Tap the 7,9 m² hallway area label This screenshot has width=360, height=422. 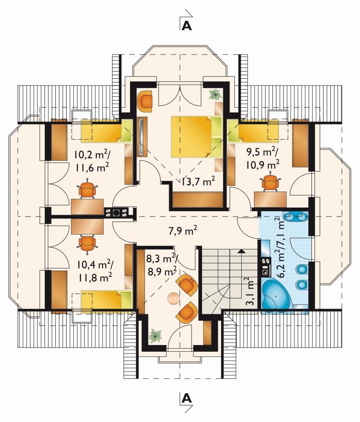coord(183,231)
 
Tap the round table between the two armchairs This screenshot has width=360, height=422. coord(173,298)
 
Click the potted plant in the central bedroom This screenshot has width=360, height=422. coord(216,95)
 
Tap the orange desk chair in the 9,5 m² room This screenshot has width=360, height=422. coord(270,183)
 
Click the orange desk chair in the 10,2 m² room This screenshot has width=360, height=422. coord(87,189)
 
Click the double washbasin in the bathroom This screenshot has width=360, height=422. coord(297,216)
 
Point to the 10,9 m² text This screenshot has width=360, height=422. coord(262,164)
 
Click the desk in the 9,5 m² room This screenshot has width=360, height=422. coord(270,199)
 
